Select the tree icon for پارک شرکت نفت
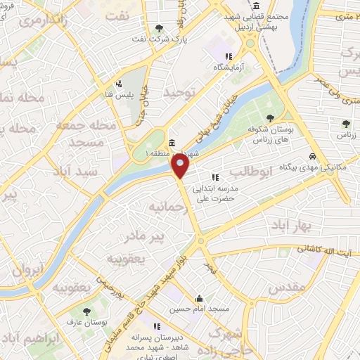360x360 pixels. click(x=161, y=28)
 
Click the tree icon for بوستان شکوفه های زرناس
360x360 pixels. click(x=271, y=117)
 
